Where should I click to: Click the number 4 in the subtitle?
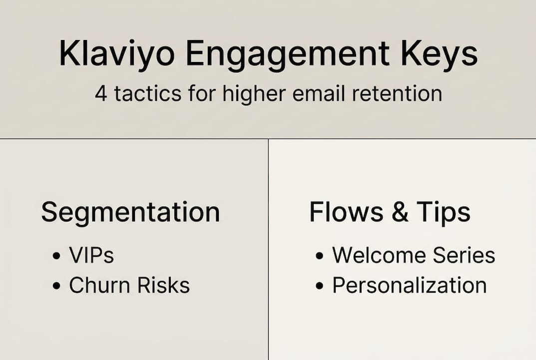coord(101,93)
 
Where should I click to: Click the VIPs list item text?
coord(91,255)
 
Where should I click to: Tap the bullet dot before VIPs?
coord(56,256)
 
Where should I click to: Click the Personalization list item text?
coord(410,285)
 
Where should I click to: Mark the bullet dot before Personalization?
coord(320,286)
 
